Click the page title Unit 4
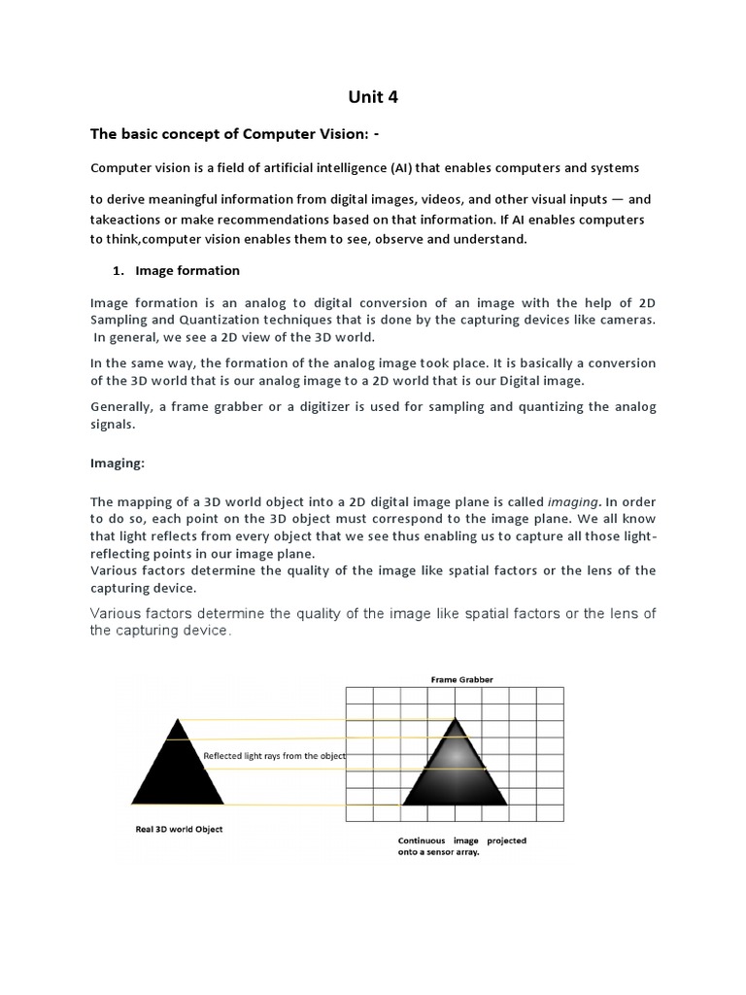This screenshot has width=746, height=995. coord(372,96)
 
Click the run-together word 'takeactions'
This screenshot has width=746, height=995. coord(127,221)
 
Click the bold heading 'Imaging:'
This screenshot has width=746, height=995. coord(117,463)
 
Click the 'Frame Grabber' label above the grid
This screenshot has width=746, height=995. coord(455,680)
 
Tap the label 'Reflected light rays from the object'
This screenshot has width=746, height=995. coord(274,755)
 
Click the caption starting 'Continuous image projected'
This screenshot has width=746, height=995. coord(462,846)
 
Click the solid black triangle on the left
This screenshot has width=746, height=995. coord(178,772)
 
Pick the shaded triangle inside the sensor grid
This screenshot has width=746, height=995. coord(455,772)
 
